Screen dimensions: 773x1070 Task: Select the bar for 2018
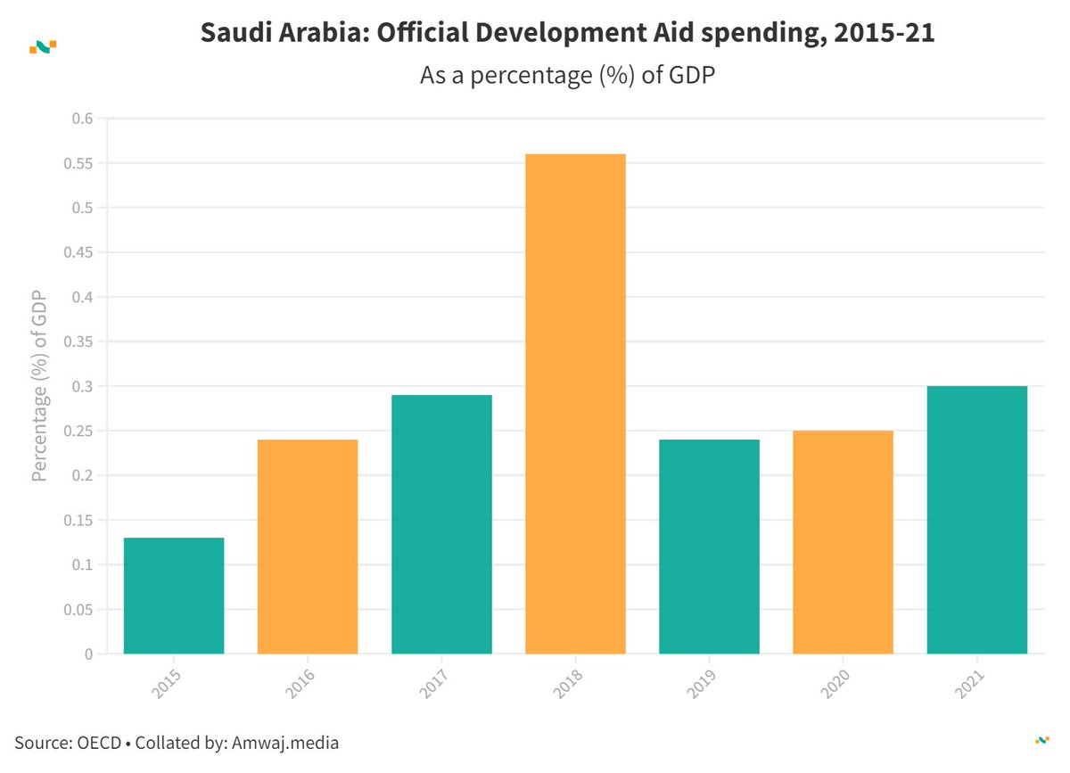[x=575, y=404]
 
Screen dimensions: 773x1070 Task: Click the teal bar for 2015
[x=174, y=596]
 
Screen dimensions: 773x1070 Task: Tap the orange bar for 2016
[x=308, y=547]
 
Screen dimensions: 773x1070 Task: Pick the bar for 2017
[x=441, y=524]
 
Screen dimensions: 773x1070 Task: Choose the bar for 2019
[x=709, y=547]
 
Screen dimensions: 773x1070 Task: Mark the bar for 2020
[x=843, y=542]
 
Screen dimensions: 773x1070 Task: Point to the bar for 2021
[x=977, y=520]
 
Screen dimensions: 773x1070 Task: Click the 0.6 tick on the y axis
[x=82, y=119]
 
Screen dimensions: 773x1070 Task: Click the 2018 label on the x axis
[x=567, y=682]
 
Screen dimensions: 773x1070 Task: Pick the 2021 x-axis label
[x=968, y=682]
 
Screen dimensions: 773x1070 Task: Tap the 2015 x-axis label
[x=166, y=682]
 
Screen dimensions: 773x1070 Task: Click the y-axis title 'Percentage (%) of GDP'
[x=39, y=386]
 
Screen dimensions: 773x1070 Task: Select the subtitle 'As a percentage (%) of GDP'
[x=569, y=76]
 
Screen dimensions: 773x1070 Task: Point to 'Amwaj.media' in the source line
[x=286, y=742]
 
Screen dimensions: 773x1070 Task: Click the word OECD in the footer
[x=99, y=742]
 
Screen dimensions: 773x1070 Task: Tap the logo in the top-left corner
[x=43, y=46]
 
